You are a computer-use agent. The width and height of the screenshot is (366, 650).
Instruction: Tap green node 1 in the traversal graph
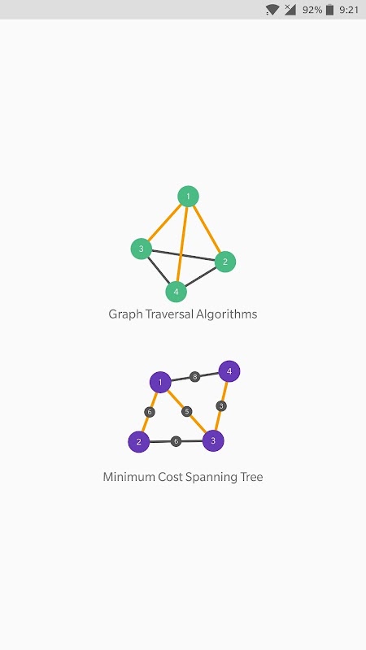[x=188, y=196]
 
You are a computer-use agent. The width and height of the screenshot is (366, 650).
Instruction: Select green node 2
[x=225, y=262]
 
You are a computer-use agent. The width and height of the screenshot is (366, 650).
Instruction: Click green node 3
[x=141, y=249]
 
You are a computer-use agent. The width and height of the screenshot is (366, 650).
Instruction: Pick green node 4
[x=176, y=292]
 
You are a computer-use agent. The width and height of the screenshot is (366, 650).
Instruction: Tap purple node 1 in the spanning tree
[x=160, y=382]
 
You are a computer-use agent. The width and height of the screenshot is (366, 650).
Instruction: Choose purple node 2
[x=138, y=442]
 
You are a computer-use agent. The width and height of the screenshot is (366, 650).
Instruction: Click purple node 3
[x=213, y=440]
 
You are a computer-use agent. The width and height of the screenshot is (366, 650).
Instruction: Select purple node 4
[x=229, y=371]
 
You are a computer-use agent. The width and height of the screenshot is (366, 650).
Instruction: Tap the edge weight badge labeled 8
[x=194, y=377]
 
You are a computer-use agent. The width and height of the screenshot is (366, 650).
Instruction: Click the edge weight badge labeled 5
[x=187, y=412]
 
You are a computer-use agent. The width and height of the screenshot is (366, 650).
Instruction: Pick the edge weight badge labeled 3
[x=221, y=405]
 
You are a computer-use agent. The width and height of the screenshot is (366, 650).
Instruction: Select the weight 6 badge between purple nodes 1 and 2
[x=150, y=412]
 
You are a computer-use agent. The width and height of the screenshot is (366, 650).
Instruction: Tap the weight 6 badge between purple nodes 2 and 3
[x=176, y=441]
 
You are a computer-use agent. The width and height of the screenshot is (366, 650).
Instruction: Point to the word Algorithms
[x=227, y=314]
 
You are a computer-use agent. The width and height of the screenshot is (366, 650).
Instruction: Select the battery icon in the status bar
[x=330, y=10]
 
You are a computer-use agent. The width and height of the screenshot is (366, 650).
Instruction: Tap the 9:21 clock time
[x=349, y=10]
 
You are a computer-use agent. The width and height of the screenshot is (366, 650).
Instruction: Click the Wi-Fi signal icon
[x=272, y=10]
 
